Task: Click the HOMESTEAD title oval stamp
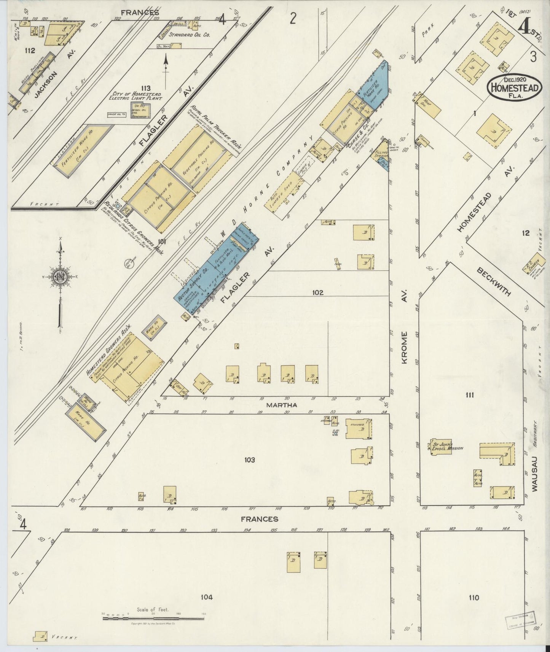click(x=515, y=87)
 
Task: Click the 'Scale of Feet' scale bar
click(x=153, y=618)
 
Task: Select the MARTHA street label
click(x=281, y=405)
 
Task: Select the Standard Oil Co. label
click(x=185, y=34)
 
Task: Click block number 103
click(x=249, y=460)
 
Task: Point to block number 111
click(x=469, y=395)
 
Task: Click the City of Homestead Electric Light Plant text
click(x=136, y=95)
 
